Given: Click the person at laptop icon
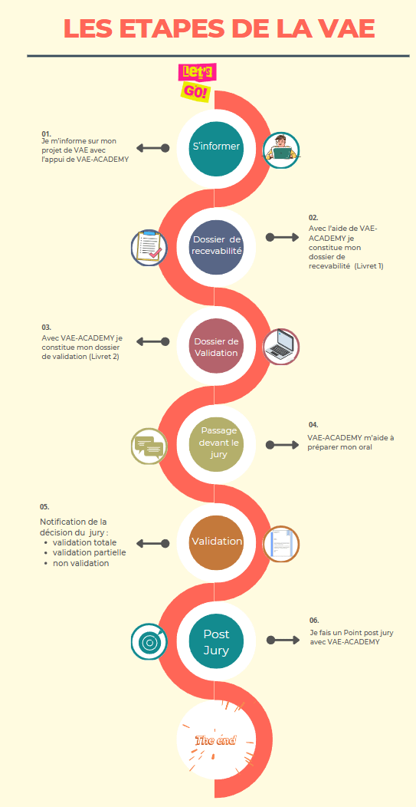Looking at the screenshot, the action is coord(281,150).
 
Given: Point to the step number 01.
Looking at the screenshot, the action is coord(46,133).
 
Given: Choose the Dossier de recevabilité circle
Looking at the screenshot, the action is coord(216,245).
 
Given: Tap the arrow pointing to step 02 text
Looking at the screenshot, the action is coord(282,237).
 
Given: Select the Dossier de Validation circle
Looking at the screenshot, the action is coord(216,347).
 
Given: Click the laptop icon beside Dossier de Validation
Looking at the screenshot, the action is coord(281,347).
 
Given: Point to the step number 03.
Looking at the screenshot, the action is coord(46,328).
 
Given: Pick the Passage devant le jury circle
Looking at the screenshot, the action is coord(216,443).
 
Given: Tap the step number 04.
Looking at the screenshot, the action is coord(313,425).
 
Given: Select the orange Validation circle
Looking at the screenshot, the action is coord(216,542).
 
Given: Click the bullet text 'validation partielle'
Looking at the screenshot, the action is coord(89,553).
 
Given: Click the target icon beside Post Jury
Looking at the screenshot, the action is coord(149,641).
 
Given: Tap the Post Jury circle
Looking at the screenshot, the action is coord(216,642).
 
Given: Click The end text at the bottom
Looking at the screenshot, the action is coord(216,740).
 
